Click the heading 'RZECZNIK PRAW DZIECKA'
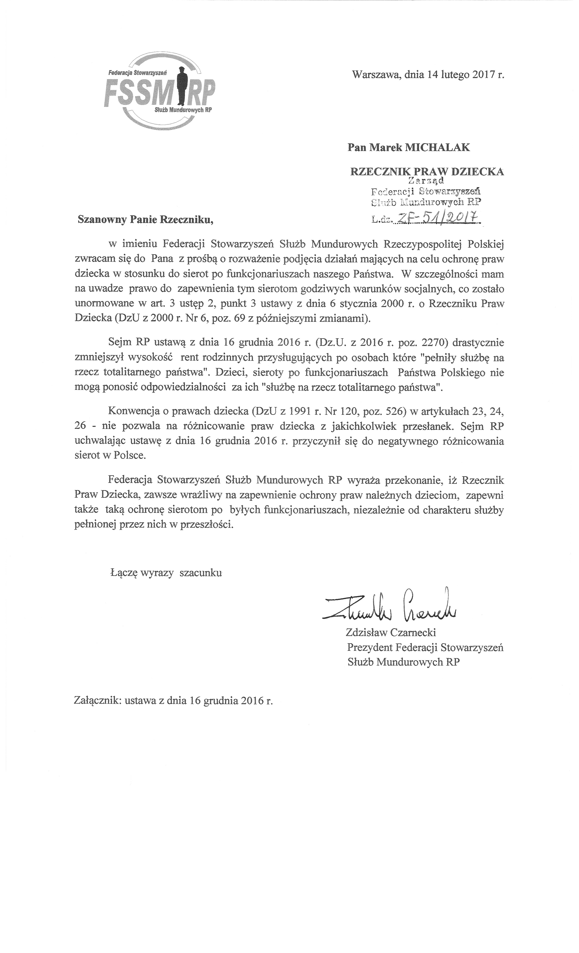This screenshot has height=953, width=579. click(x=427, y=172)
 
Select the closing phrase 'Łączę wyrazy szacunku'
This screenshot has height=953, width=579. click(x=166, y=573)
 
